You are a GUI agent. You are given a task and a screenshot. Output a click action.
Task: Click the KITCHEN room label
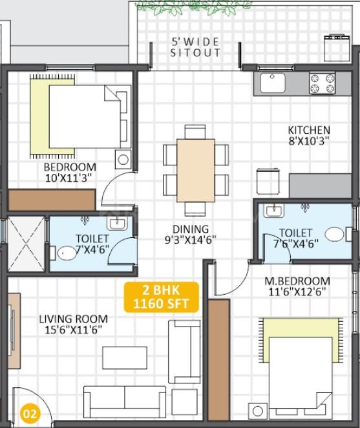309,130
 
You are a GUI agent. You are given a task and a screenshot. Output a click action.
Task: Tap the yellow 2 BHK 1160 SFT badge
162,297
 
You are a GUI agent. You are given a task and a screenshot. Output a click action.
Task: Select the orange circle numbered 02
30,414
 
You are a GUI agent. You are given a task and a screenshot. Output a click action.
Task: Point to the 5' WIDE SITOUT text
195,47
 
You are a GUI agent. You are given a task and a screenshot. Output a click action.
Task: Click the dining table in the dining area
195,171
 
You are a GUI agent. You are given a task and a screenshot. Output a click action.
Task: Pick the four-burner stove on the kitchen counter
323,83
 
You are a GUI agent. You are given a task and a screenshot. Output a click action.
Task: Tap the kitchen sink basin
272,83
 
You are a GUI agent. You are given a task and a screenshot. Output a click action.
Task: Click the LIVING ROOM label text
74,319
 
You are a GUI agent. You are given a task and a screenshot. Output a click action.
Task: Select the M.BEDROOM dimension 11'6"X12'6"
297,292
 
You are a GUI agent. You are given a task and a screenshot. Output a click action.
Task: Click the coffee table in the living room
125,358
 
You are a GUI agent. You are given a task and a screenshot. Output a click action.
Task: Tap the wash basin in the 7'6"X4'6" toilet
274,211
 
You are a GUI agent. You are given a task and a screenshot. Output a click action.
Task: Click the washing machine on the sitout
337,48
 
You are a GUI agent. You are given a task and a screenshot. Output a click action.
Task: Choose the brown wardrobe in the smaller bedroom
52,200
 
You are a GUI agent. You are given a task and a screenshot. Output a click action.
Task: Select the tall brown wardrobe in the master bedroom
218,360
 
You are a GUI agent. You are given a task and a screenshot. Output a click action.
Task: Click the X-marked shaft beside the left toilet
26,244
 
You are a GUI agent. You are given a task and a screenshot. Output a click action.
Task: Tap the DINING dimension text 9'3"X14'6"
191,240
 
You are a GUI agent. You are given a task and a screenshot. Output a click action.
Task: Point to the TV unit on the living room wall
14,331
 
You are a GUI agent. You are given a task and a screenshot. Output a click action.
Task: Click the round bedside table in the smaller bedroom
123,159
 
